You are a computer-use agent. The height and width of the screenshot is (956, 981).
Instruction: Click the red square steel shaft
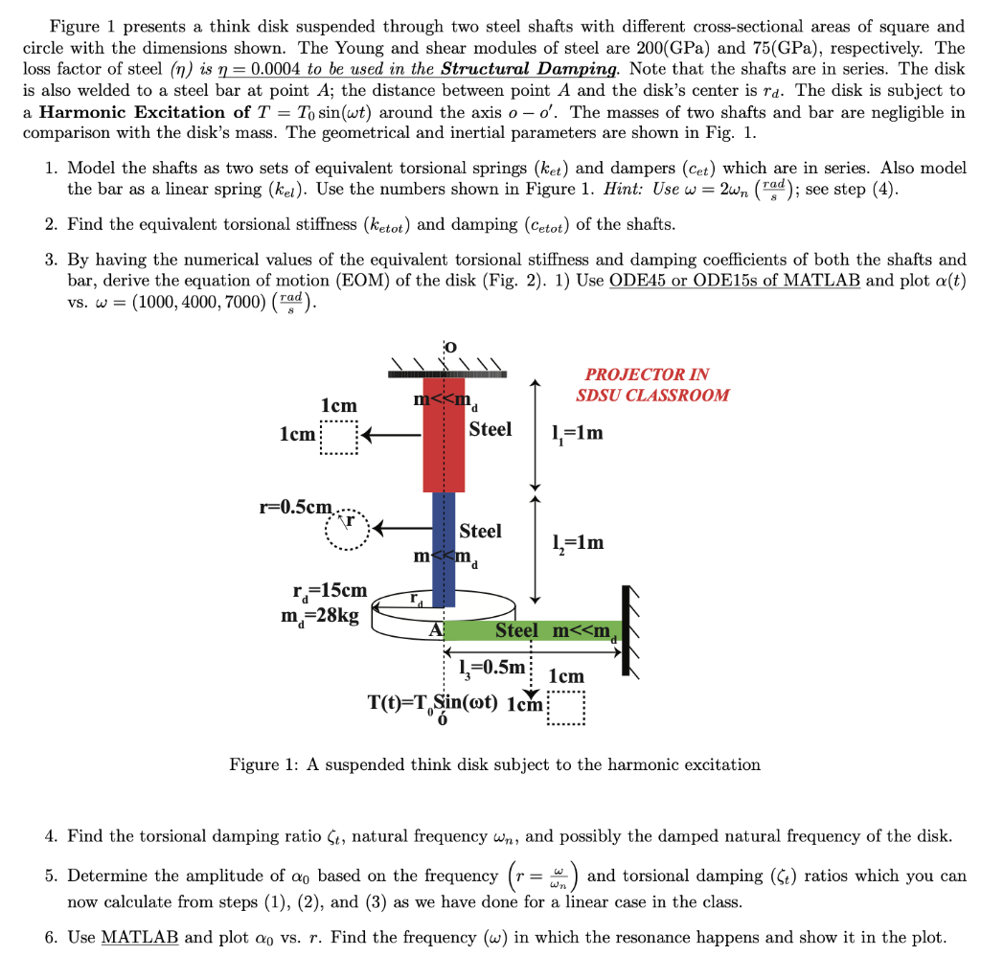pos(444,436)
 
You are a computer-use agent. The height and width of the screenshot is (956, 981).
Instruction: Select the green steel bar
pos(532,630)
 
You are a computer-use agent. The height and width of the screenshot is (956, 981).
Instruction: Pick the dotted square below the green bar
pos(565,710)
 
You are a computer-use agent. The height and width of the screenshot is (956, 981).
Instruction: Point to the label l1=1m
pos(578,433)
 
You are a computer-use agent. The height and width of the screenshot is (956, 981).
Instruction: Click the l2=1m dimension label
pos(578,543)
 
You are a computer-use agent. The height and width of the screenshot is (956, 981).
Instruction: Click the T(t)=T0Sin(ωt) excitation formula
pos(432,701)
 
